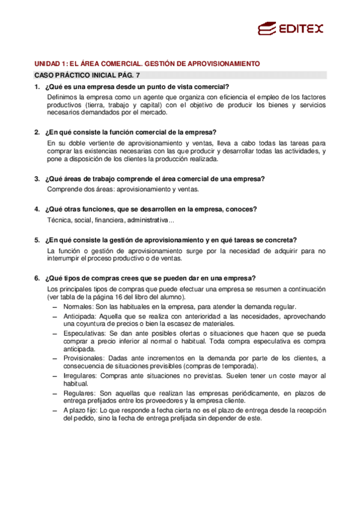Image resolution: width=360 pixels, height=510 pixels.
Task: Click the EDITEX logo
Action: (290, 28)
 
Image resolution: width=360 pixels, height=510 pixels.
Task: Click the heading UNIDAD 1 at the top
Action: (147, 63)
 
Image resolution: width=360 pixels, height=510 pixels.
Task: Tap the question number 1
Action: (37, 88)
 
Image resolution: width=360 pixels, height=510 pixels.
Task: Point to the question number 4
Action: (37, 209)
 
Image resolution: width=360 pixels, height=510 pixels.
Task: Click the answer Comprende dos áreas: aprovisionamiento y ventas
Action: (123, 190)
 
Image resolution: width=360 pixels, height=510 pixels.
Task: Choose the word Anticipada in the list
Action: (79, 316)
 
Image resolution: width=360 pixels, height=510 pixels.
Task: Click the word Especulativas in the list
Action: (84, 333)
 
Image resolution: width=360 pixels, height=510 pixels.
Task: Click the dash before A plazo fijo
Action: (55, 411)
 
